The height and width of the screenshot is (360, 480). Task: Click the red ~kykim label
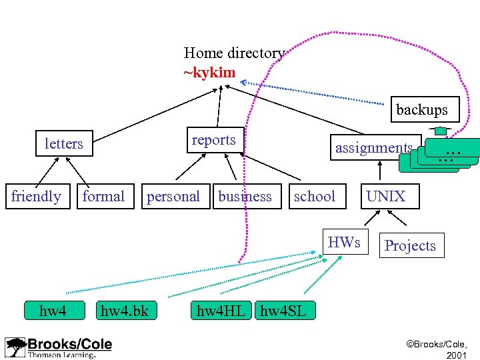(x=209, y=73)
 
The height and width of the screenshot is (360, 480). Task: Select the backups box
(x=421, y=109)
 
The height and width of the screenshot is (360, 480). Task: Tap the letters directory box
(x=64, y=143)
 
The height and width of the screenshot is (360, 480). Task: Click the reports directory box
(x=214, y=140)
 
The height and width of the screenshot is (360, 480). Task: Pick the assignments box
(x=373, y=148)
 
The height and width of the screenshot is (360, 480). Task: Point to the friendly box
(x=37, y=197)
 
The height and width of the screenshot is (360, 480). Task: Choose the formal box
(x=103, y=197)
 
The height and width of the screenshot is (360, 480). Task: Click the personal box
(x=173, y=197)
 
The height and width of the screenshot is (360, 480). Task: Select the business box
(x=245, y=197)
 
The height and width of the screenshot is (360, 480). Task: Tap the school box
(x=315, y=196)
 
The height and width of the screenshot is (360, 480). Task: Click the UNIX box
(x=385, y=196)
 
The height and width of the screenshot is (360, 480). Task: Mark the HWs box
(x=345, y=243)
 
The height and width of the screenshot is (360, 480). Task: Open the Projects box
(x=410, y=246)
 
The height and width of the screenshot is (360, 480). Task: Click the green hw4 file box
(x=53, y=310)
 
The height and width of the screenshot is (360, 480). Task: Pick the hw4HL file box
(x=221, y=310)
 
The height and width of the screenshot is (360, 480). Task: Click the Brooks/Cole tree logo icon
(x=15, y=347)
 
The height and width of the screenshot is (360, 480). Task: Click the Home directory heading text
(x=234, y=53)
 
